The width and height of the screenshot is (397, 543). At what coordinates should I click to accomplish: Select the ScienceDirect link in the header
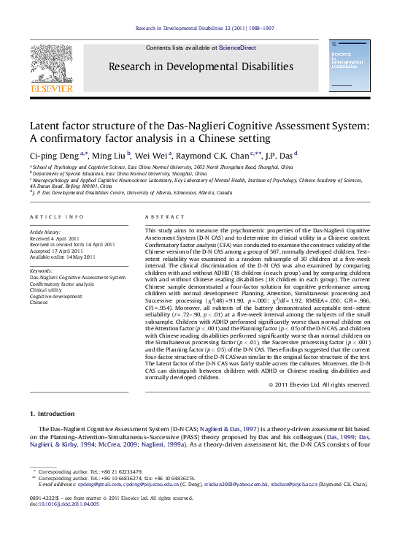(x=238, y=48)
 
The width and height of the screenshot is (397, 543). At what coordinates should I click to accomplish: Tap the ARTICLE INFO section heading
(x=56, y=217)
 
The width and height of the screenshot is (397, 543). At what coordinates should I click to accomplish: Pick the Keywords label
(x=42, y=271)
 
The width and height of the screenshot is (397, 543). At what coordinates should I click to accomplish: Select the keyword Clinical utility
(x=46, y=290)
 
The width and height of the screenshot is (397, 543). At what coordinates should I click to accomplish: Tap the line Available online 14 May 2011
(x=63, y=257)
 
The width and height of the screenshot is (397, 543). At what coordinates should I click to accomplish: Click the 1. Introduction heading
(x=52, y=414)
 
